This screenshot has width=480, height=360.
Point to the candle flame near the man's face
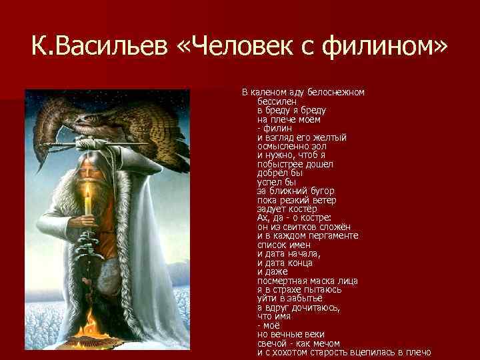[x=87, y=192]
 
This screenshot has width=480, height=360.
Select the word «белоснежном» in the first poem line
[x=341, y=92]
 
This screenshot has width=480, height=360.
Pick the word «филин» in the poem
[x=273, y=129]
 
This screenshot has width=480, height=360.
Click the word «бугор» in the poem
[x=312, y=191]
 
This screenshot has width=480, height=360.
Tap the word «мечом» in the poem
[x=327, y=343]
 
